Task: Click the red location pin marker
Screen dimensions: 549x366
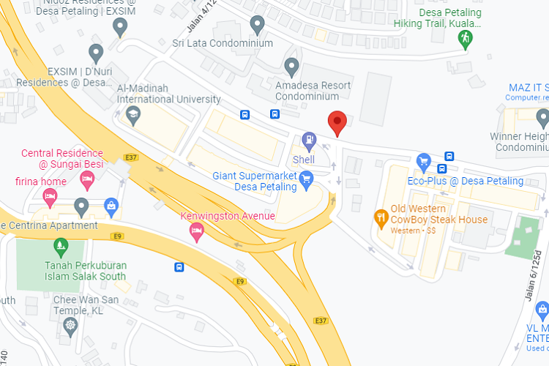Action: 337,122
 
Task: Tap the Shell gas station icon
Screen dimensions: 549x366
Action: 310,139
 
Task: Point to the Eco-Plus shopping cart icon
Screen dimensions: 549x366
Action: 423,161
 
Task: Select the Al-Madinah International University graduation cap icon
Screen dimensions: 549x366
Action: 132,114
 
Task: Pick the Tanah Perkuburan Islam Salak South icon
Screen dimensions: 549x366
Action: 61,245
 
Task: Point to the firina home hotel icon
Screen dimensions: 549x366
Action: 51,195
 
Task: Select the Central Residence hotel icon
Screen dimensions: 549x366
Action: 87,178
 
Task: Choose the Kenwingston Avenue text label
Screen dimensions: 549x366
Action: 228,216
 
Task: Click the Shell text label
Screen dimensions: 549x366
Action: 304,160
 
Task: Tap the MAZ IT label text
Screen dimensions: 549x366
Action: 529,88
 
